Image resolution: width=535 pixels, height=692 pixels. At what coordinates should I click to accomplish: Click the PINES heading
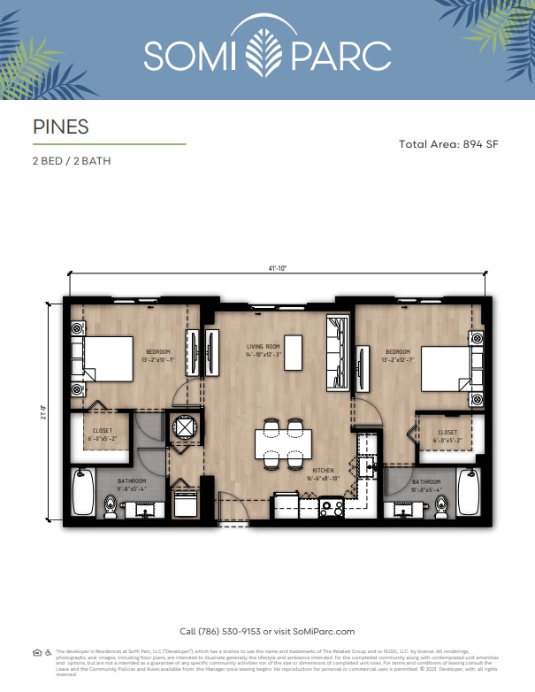(60, 127)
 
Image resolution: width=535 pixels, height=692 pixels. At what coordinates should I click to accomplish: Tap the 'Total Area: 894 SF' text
(448, 144)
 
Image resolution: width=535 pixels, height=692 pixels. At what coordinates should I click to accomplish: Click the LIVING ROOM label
(263, 347)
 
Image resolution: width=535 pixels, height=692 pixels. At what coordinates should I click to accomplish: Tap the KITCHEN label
(325, 471)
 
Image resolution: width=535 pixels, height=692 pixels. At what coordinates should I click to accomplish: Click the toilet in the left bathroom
(110, 505)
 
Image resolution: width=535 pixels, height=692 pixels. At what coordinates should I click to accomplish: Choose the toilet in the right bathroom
(441, 505)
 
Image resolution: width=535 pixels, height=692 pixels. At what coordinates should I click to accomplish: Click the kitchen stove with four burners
(332, 508)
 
